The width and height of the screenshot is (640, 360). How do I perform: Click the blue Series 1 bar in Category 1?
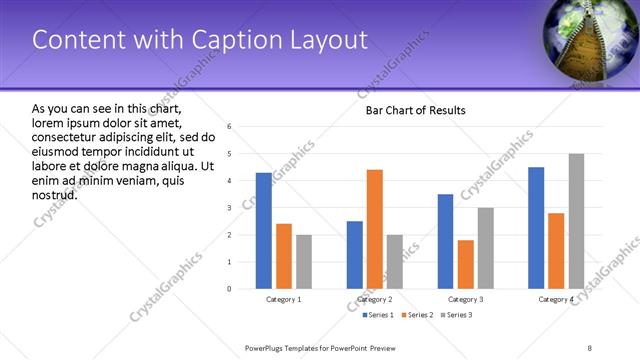pyautogui.click(x=263, y=231)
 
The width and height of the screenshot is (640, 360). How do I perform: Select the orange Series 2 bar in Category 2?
pyautogui.click(x=375, y=229)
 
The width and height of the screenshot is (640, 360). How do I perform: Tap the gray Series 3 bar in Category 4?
pyautogui.click(x=576, y=221)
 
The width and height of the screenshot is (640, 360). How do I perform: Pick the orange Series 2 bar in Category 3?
pyautogui.click(x=465, y=264)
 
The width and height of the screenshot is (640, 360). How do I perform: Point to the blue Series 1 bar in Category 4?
pyautogui.click(x=536, y=228)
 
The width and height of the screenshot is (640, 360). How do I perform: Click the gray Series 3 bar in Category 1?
pyautogui.click(x=304, y=262)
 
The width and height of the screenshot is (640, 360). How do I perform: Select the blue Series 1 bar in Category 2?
pyautogui.click(x=355, y=255)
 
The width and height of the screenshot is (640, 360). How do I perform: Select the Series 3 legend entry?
pyautogui.click(x=456, y=315)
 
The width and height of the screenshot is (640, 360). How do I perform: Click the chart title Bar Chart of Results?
pyautogui.click(x=414, y=110)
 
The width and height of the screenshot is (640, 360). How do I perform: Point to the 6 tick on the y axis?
pyautogui.click(x=230, y=127)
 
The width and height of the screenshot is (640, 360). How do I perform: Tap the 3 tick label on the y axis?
pyautogui.click(x=230, y=208)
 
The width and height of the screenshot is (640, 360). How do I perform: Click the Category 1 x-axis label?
pyautogui.click(x=284, y=299)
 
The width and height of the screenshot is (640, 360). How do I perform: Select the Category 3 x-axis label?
pyautogui.click(x=465, y=299)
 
